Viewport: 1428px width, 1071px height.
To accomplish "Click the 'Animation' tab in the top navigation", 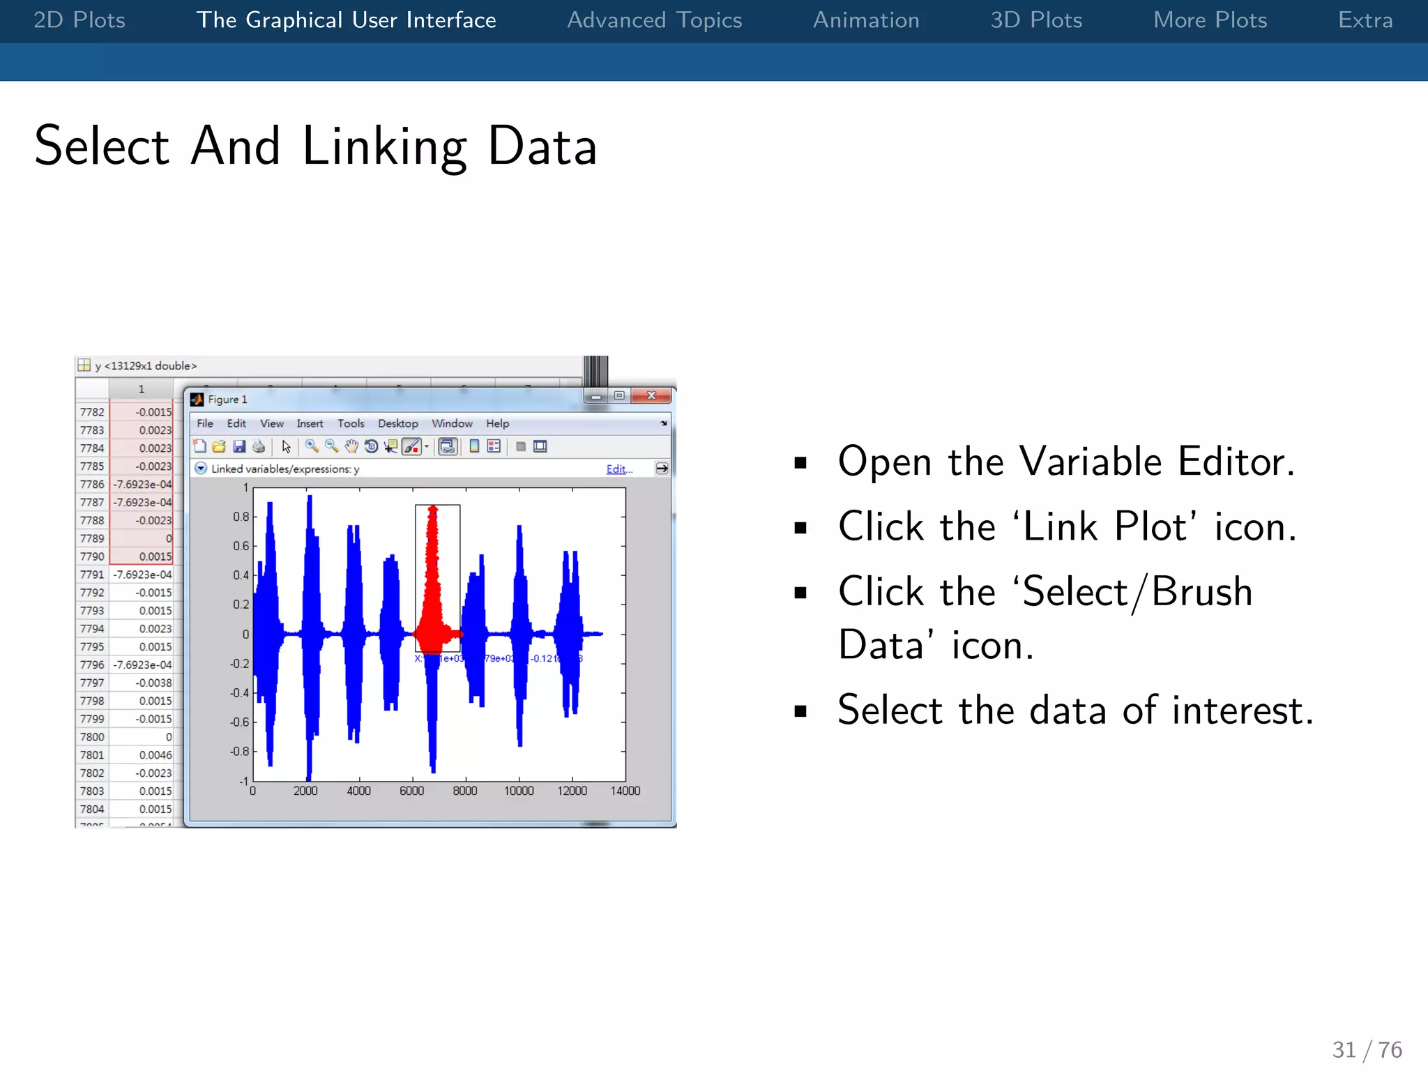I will coord(866,20).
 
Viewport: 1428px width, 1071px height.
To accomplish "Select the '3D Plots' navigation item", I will coord(1036,20).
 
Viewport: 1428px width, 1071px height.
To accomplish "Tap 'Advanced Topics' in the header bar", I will coord(654,20).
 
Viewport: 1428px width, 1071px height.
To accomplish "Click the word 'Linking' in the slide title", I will coord(384,146).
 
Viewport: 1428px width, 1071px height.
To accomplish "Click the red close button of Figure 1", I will coord(651,395).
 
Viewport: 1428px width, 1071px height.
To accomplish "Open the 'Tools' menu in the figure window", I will coord(351,423).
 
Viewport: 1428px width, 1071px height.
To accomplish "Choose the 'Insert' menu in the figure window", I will coord(310,423).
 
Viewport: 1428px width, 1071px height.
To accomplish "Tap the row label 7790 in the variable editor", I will coord(92,556).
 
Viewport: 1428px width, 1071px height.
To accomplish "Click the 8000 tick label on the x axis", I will coord(465,791).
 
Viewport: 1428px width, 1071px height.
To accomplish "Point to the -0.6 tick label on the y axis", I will coord(239,722).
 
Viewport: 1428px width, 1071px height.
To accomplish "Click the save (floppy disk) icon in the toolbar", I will coord(239,446).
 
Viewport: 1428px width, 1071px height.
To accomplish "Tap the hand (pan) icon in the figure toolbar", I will coord(351,446).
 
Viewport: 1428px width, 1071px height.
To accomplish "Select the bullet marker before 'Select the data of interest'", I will coord(800,711).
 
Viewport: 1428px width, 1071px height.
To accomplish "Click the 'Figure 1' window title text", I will coord(227,400).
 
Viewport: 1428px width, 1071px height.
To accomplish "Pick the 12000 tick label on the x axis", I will coord(572,791).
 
